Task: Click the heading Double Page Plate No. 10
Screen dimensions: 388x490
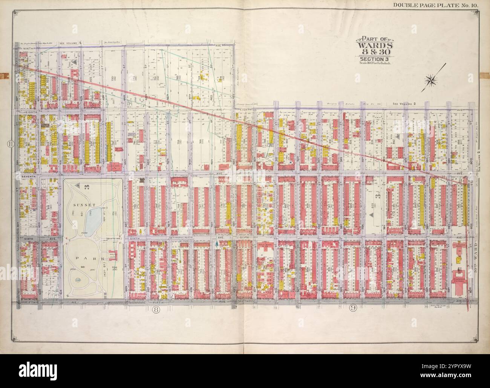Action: click(x=441, y=5)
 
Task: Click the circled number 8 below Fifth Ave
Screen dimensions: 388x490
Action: click(x=155, y=309)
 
